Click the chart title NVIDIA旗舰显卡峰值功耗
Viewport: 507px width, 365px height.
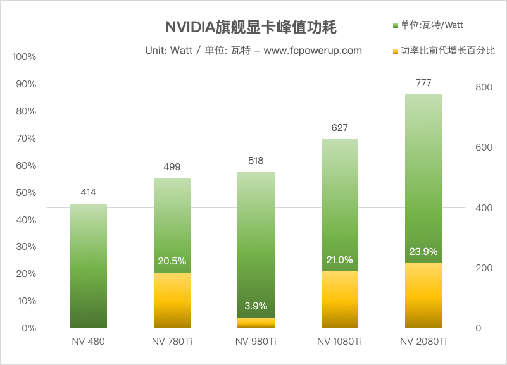(x=251, y=27)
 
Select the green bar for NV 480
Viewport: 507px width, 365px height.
(x=88, y=266)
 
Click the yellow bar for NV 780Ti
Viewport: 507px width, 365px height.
(x=172, y=300)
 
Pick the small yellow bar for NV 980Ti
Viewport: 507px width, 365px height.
(x=256, y=323)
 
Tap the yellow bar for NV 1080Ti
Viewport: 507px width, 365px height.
(x=340, y=300)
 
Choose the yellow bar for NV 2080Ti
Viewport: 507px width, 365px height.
(x=423, y=295)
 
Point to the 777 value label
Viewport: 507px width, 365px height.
(x=423, y=83)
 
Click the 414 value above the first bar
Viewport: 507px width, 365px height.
(x=88, y=192)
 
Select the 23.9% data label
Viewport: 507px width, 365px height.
(x=423, y=251)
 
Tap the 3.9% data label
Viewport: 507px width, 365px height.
(x=256, y=306)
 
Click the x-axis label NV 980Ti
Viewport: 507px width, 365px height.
(x=256, y=342)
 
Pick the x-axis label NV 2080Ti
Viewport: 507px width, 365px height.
(x=423, y=342)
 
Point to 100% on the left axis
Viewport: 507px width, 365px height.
(x=24, y=57)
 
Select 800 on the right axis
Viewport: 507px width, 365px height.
(x=483, y=87)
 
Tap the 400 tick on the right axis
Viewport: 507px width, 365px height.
(x=483, y=208)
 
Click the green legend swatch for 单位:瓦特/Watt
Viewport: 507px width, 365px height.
(x=396, y=25)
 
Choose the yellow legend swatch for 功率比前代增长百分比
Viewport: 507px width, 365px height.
(x=396, y=50)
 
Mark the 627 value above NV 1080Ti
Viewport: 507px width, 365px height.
(x=340, y=128)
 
